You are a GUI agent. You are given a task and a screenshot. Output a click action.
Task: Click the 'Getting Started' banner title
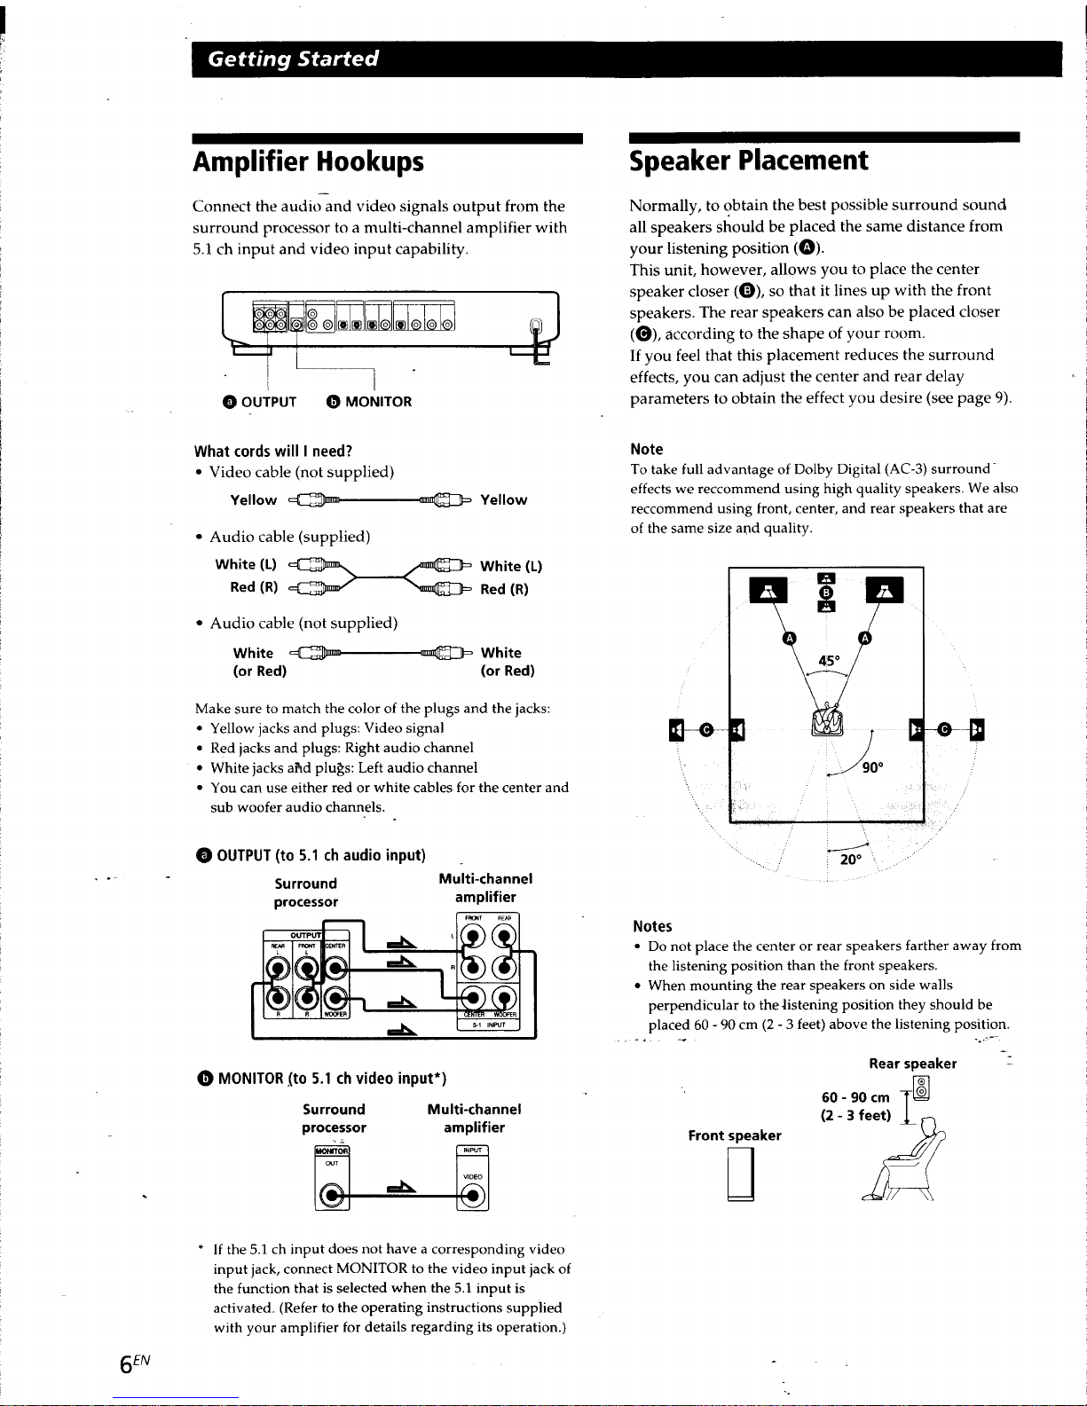pyautogui.click(x=293, y=59)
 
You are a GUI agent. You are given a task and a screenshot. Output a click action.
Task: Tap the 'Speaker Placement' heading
pyautogui.click(x=746, y=161)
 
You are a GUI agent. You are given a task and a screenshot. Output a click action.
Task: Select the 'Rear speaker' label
pyautogui.click(x=912, y=1063)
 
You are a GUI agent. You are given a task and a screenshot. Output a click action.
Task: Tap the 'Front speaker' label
pyautogui.click(x=735, y=1135)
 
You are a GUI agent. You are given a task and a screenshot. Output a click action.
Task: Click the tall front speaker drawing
pyautogui.click(x=740, y=1176)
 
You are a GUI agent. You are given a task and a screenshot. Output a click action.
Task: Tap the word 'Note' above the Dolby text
pyautogui.click(x=646, y=449)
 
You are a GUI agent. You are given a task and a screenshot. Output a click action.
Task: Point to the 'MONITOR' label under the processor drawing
pyautogui.click(x=377, y=401)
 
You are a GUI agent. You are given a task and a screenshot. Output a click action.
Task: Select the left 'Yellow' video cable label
pyautogui.click(x=253, y=500)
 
